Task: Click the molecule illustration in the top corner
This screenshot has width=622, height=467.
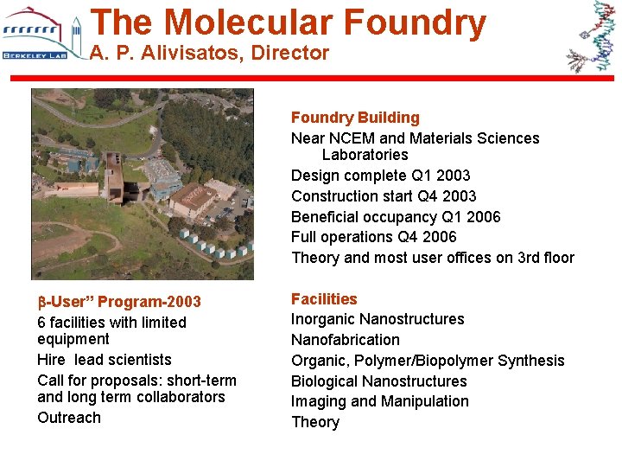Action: pyautogui.click(x=590, y=36)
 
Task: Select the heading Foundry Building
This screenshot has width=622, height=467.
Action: pyautogui.click(x=355, y=118)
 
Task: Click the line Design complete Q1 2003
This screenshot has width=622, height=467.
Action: pyautogui.click(x=380, y=176)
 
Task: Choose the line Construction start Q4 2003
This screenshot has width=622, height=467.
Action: pyautogui.click(x=384, y=196)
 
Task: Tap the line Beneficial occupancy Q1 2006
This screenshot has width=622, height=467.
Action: pyautogui.click(x=396, y=217)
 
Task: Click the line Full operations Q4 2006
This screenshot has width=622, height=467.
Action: pyautogui.click(x=373, y=237)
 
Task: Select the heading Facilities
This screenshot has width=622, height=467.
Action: pyautogui.click(x=324, y=299)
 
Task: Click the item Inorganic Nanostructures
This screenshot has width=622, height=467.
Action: pyautogui.click(x=378, y=319)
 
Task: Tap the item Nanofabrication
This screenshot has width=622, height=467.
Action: pyautogui.click(x=346, y=340)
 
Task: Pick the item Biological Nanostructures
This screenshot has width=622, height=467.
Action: pyautogui.click(x=378, y=381)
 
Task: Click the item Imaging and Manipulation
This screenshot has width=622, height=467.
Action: pyautogui.click(x=379, y=401)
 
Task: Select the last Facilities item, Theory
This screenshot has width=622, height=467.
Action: pyautogui.click(x=315, y=422)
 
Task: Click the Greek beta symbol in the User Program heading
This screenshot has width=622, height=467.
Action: pyautogui.click(x=41, y=303)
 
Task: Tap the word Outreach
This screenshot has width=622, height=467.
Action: pyautogui.click(x=69, y=418)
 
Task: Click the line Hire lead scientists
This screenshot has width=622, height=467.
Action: pyautogui.click(x=105, y=360)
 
